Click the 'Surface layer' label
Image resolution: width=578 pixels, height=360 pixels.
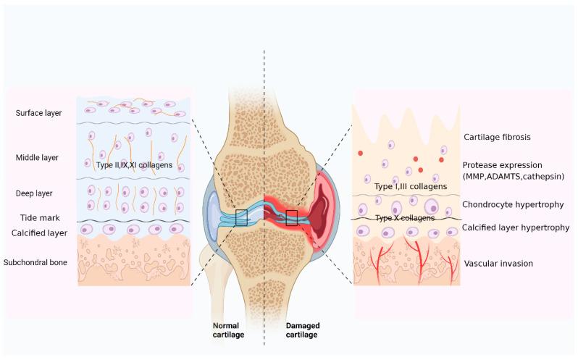(x=38, y=113)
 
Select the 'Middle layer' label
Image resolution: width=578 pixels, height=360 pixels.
(x=37, y=158)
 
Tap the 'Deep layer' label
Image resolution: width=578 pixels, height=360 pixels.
(x=34, y=193)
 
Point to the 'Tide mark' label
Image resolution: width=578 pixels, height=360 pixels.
(x=40, y=218)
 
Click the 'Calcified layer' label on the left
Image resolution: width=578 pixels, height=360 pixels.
(x=39, y=233)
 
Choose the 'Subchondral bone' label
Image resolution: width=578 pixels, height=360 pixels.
(x=35, y=262)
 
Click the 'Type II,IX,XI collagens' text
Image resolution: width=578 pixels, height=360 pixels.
(x=134, y=165)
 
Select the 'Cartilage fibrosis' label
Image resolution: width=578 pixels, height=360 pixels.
(x=497, y=137)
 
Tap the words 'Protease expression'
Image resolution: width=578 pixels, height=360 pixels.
(x=502, y=165)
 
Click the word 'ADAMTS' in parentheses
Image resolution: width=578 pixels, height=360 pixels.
(x=506, y=177)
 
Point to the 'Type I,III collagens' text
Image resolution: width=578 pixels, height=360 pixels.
(x=411, y=186)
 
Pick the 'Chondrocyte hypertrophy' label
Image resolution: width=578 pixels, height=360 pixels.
(x=513, y=204)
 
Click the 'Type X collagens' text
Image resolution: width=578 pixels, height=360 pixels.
(x=405, y=218)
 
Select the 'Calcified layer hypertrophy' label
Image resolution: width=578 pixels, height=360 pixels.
(x=516, y=227)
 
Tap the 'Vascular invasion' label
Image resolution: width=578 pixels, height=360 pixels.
(x=498, y=264)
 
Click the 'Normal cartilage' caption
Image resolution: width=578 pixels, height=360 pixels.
(x=228, y=330)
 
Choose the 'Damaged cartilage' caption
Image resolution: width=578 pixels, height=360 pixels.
(x=302, y=330)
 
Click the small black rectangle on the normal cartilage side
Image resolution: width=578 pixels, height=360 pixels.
(x=241, y=217)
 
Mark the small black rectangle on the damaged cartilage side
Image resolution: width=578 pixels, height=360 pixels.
(x=292, y=218)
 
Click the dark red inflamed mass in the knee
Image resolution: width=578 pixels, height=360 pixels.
(x=320, y=207)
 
